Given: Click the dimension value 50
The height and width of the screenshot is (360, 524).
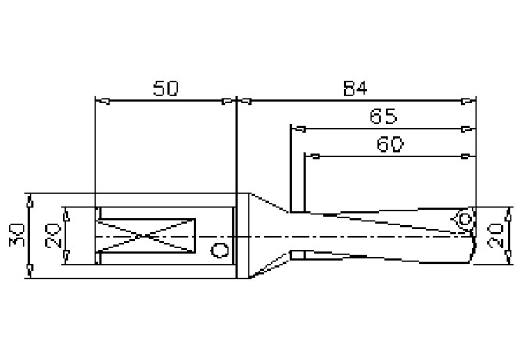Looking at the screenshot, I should pos(165,89).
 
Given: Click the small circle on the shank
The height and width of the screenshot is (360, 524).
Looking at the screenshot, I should pos(220,250).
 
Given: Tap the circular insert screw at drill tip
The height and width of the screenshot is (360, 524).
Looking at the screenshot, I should pos(465,218).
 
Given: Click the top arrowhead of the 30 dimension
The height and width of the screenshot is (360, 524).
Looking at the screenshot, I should pos(29,199).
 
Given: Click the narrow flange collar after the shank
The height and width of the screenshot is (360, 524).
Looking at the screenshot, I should pos(243,236).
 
